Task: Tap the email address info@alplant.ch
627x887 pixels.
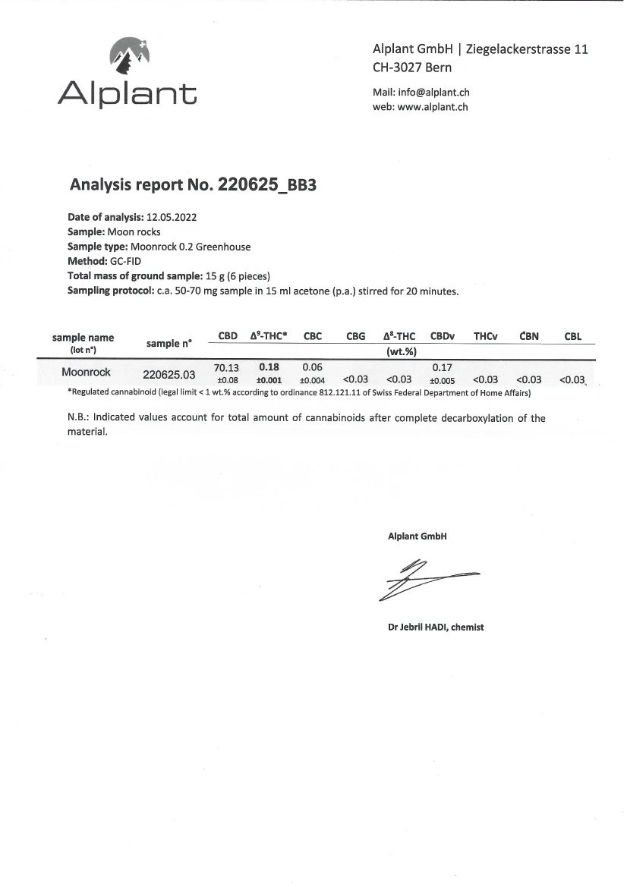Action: point(433,93)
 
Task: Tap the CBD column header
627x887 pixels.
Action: point(228,335)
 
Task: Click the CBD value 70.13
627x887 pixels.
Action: point(227,367)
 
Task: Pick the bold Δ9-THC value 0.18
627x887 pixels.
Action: point(269,367)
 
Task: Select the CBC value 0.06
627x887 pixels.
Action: point(313,367)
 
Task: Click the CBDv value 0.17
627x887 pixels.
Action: point(443,367)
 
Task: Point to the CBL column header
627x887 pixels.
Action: point(573,336)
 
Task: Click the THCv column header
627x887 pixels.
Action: point(485,335)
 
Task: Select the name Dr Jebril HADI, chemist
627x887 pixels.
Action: point(435,628)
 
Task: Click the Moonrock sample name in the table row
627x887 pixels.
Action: point(86,373)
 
